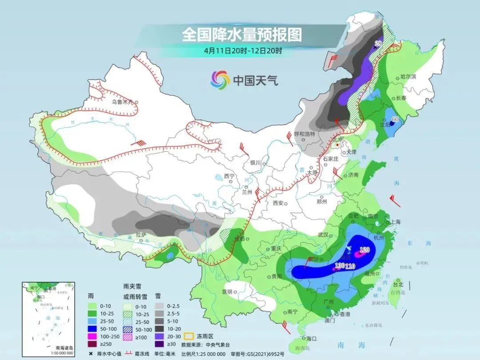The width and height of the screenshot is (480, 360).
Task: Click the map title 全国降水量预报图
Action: (x=242, y=34)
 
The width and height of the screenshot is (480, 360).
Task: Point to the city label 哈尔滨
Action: (x=408, y=77)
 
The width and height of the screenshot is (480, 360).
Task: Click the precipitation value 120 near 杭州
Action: (x=365, y=250)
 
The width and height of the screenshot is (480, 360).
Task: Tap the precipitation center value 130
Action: (x=340, y=266)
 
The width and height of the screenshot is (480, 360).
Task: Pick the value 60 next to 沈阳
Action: (x=395, y=120)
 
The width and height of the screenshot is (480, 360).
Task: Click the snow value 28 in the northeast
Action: (x=378, y=44)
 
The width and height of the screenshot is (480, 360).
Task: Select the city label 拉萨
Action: (x=141, y=235)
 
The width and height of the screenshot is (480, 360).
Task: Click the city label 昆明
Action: (x=227, y=292)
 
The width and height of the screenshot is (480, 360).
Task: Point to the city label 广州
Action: (x=329, y=302)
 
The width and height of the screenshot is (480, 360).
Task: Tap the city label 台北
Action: (x=398, y=284)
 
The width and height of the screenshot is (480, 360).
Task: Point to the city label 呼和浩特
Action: (x=304, y=134)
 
